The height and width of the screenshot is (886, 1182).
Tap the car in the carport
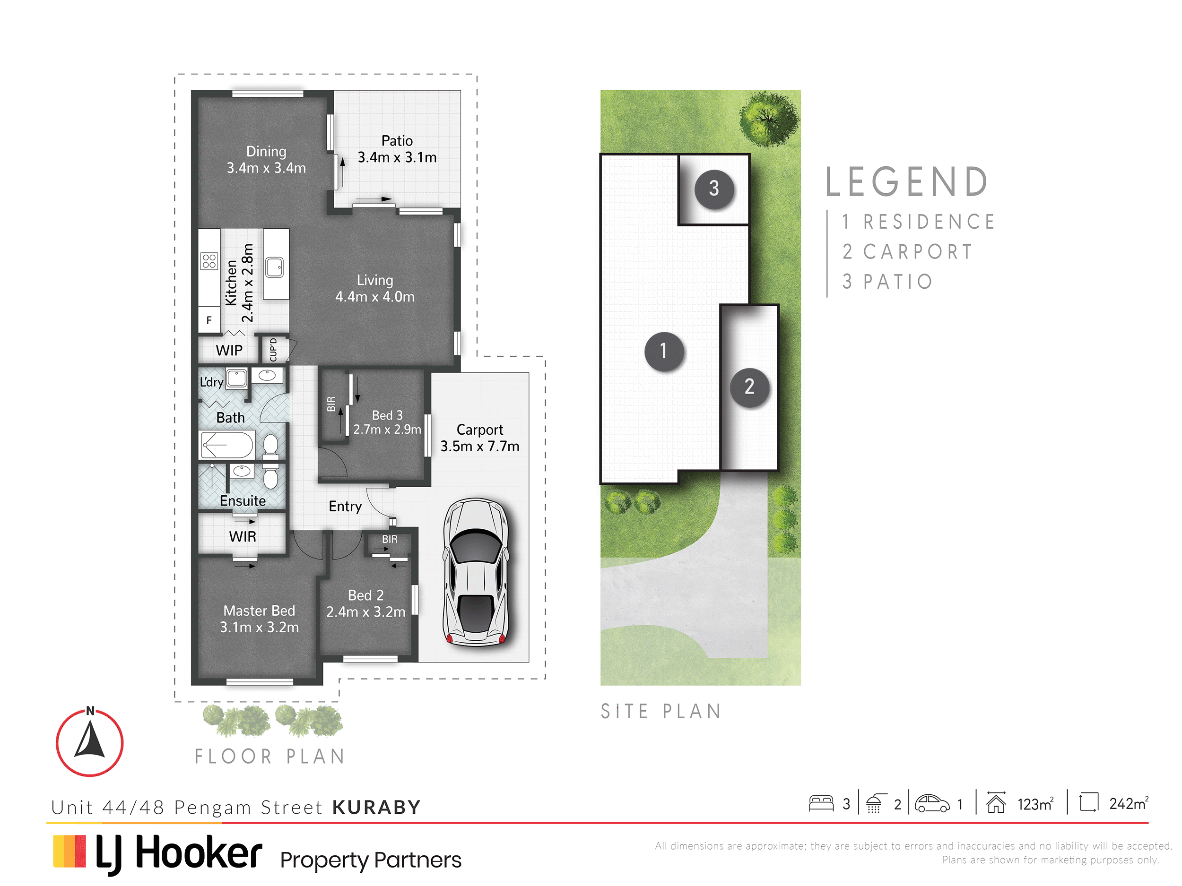(x=476, y=572)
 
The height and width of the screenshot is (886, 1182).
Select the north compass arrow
(x=90, y=740)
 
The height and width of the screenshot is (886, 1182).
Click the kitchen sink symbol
(x=275, y=267)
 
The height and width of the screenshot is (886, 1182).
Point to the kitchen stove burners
(x=209, y=261)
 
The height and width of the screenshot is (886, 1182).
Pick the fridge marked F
(x=209, y=320)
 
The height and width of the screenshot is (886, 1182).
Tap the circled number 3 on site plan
(x=714, y=188)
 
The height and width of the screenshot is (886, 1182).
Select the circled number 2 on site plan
(x=750, y=387)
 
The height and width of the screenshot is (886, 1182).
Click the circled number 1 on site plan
(x=664, y=351)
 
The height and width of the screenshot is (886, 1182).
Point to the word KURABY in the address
(x=377, y=807)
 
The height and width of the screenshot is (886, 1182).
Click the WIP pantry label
(x=229, y=350)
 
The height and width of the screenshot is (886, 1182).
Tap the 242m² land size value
(x=1129, y=803)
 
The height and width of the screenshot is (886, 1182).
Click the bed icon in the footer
(x=821, y=803)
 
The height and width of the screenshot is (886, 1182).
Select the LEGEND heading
(x=907, y=181)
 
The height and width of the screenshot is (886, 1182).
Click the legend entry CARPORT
(x=918, y=251)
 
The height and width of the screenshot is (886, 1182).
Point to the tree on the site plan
(x=769, y=118)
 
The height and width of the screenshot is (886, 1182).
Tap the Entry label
(x=345, y=506)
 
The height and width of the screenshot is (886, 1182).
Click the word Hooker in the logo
(x=199, y=852)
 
